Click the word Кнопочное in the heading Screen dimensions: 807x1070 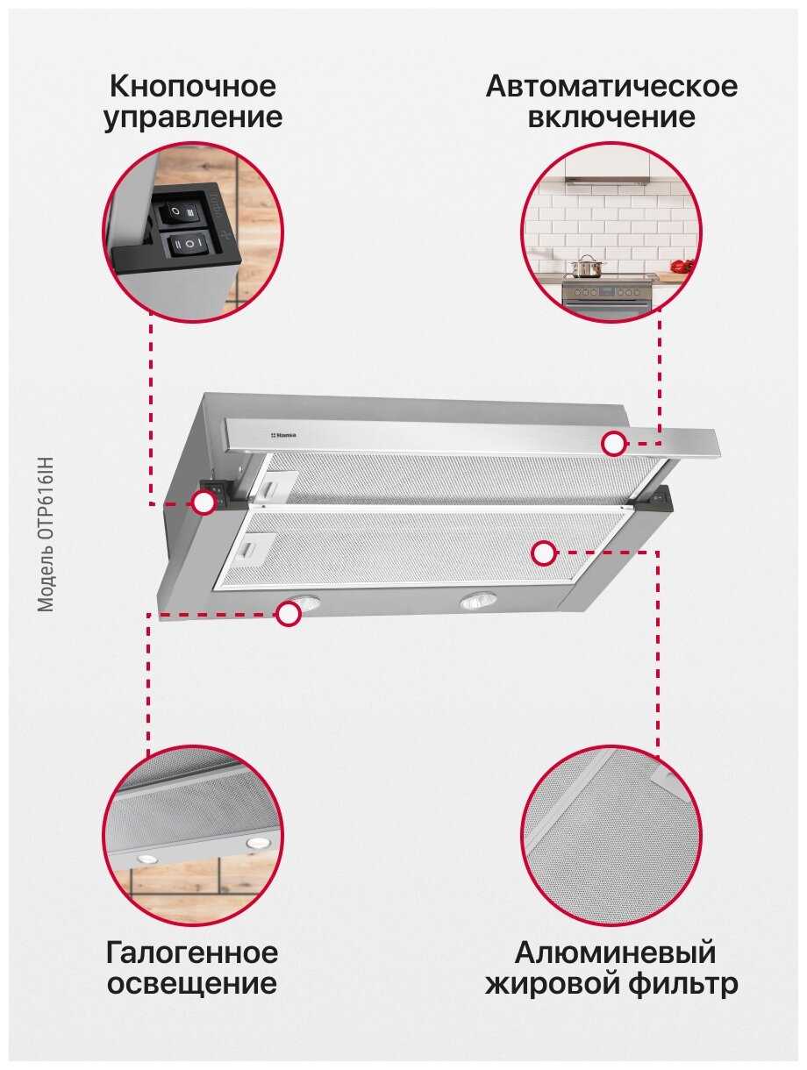tap(193, 86)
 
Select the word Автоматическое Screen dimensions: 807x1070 tap(611, 86)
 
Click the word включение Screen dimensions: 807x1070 tap(611, 118)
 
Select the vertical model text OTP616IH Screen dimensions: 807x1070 tap(46, 535)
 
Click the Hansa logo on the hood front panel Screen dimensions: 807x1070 tap(282, 434)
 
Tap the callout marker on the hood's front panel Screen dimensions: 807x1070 tap(613, 444)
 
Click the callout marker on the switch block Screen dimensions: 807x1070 tap(204, 503)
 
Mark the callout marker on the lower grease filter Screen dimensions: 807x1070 tap(543, 553)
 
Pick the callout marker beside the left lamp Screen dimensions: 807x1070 tap(288, 613)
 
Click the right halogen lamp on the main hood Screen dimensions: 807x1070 tap(477, 601)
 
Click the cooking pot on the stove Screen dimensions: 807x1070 tap(587, 266)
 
